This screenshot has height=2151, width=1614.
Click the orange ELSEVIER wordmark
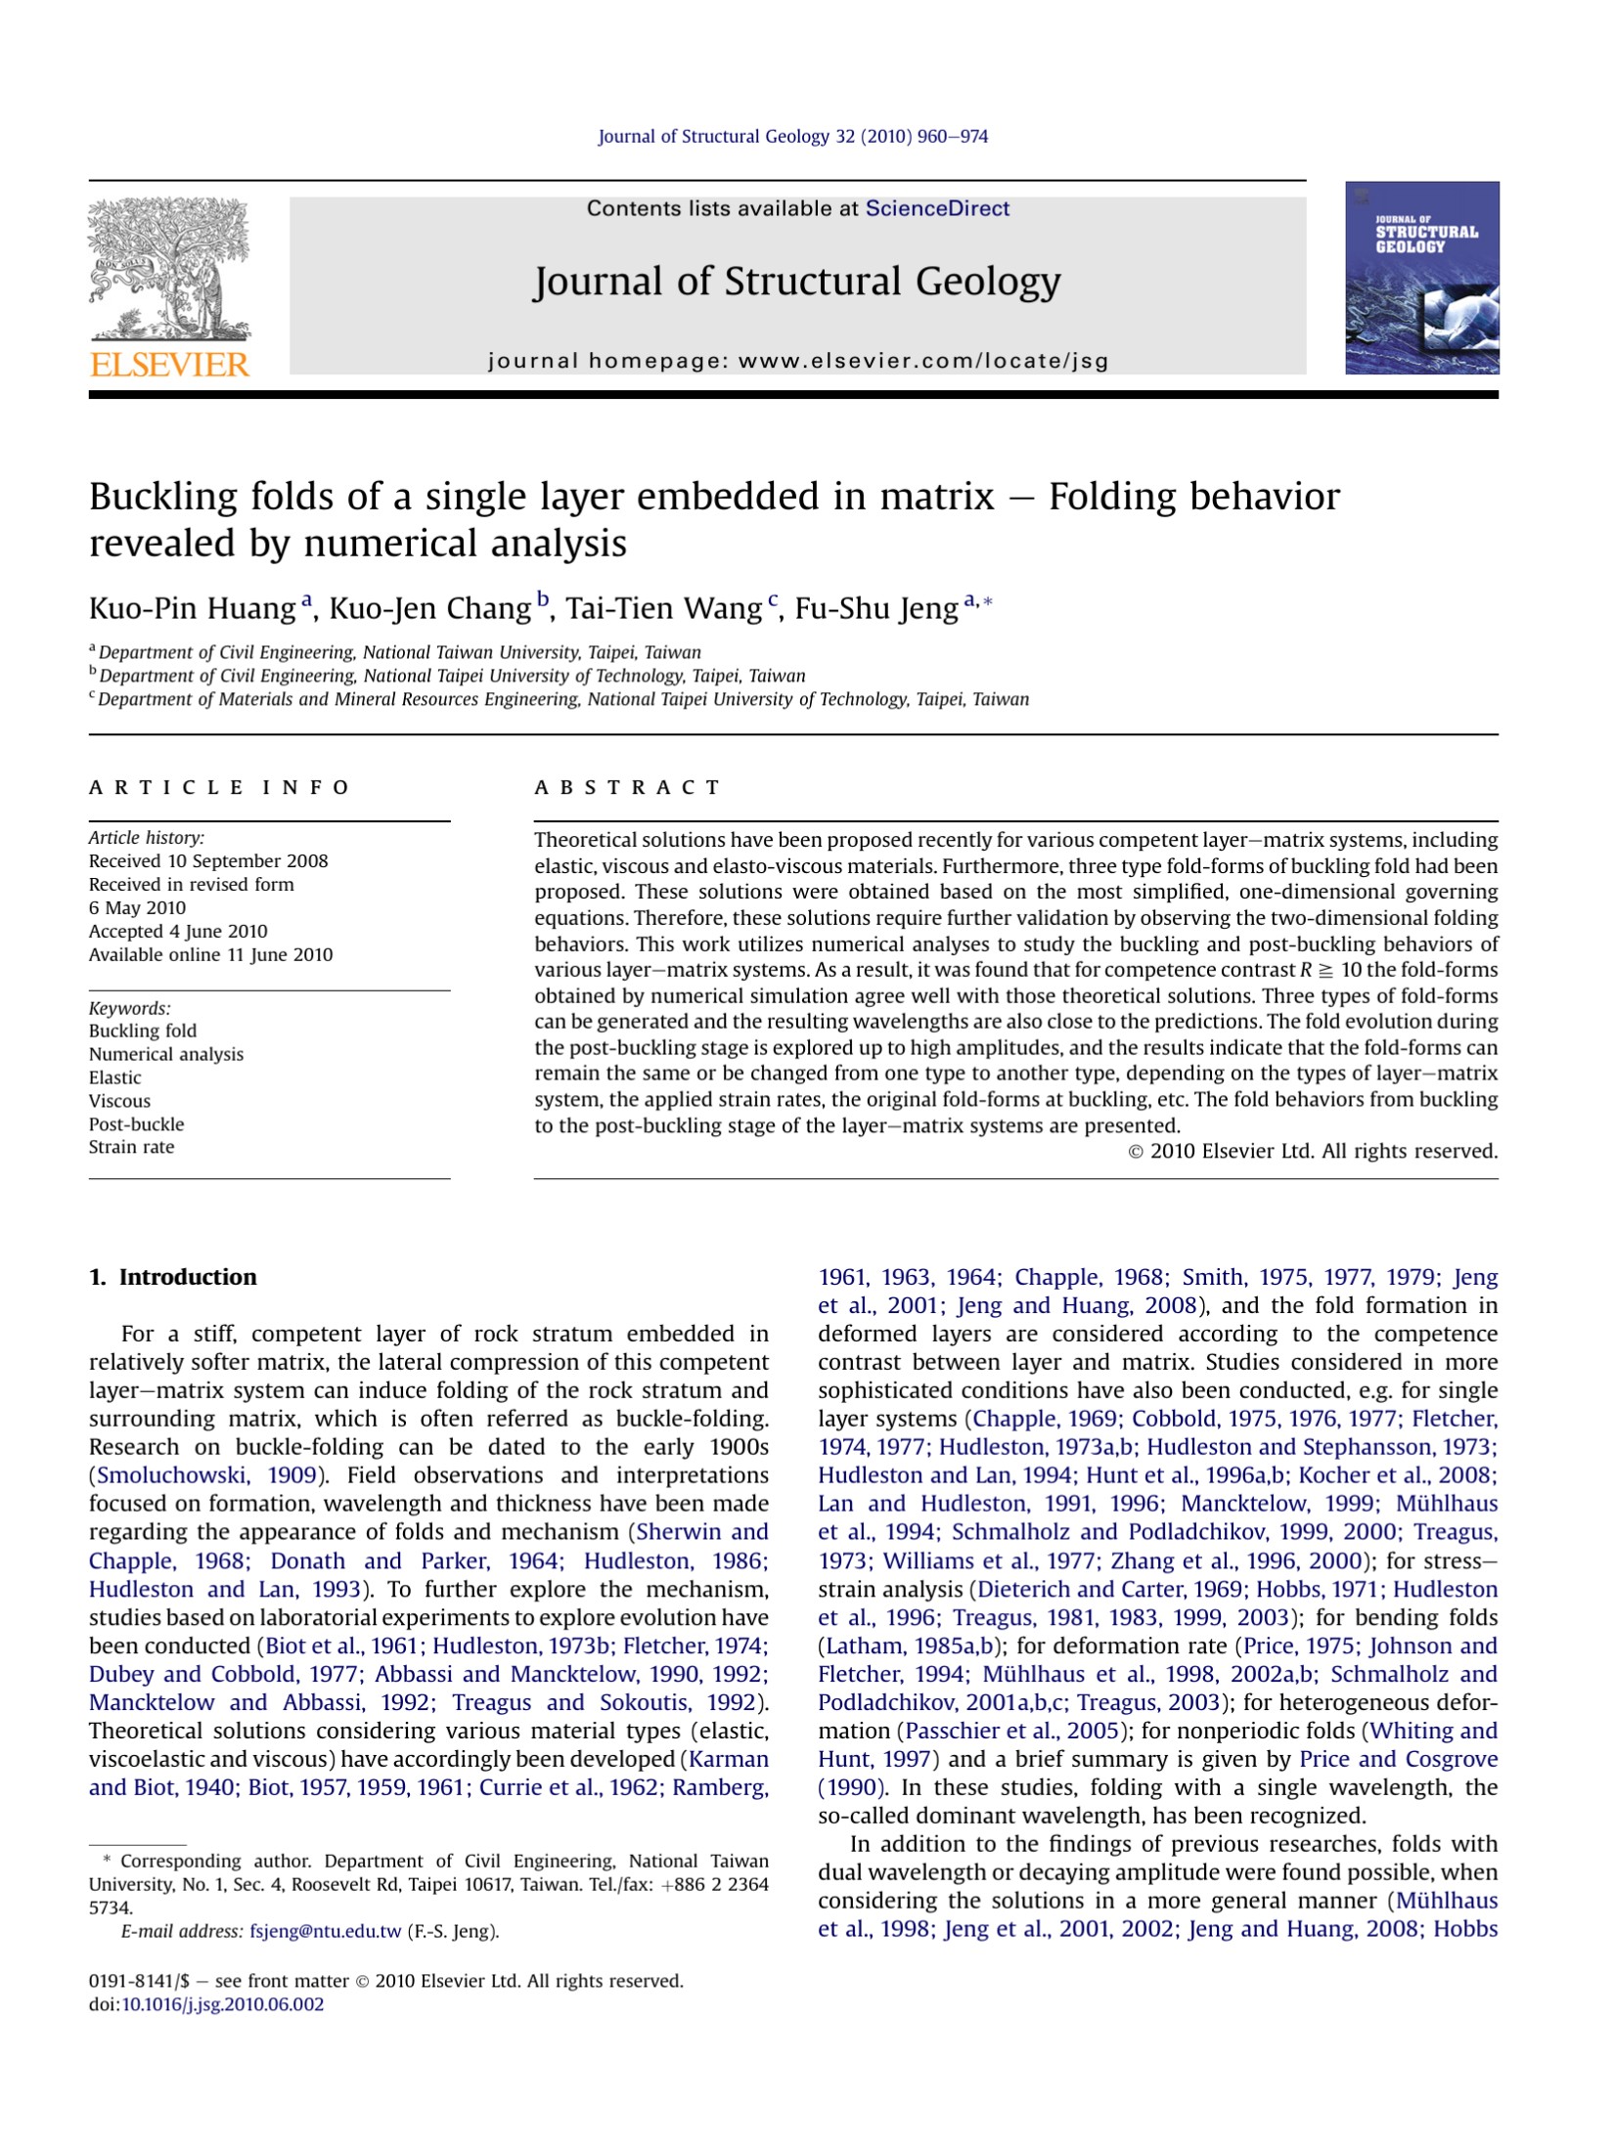[x=169, y=365]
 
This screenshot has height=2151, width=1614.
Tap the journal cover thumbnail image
[x=1421, y=278]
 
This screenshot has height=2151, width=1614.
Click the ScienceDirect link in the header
[x=937, y=208]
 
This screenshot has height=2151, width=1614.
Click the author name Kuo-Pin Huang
[x=192, y=609]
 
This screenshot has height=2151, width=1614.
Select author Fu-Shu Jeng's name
[x=875, y=609]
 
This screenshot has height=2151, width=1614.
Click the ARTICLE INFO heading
[x=219, y=788]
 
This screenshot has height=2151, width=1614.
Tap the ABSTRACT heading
[x=627, y=788]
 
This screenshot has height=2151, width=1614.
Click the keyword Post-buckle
[x=136, y=1124]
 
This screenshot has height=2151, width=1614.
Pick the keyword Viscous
[x=119, y=1101]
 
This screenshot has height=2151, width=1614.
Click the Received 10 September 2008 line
[x=208, y=861]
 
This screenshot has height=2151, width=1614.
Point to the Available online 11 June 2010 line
[x=210, y=955]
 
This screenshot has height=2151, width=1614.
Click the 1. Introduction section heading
[x=173, y=1277]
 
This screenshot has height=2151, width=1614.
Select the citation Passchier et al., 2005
[x=1011, y=1731]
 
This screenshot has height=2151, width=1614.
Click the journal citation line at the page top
[x=792, y=137]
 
